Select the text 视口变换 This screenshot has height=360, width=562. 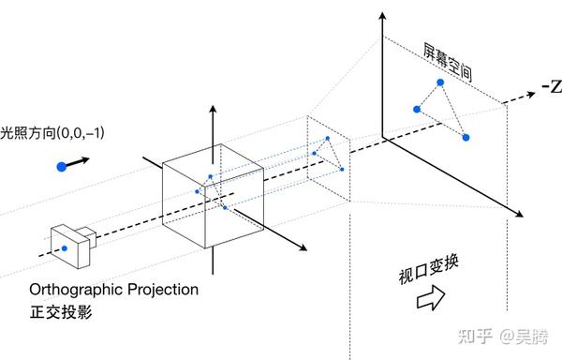(x=418, y=274)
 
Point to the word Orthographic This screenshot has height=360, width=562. (x=74, y=290)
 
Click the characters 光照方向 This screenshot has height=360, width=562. (x=27, y=134)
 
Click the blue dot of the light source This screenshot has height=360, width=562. (x=62, y=166)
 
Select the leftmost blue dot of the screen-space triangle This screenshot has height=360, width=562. (x=417, y=109)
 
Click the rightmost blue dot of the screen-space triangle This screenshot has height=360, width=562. (x=466, y=138)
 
